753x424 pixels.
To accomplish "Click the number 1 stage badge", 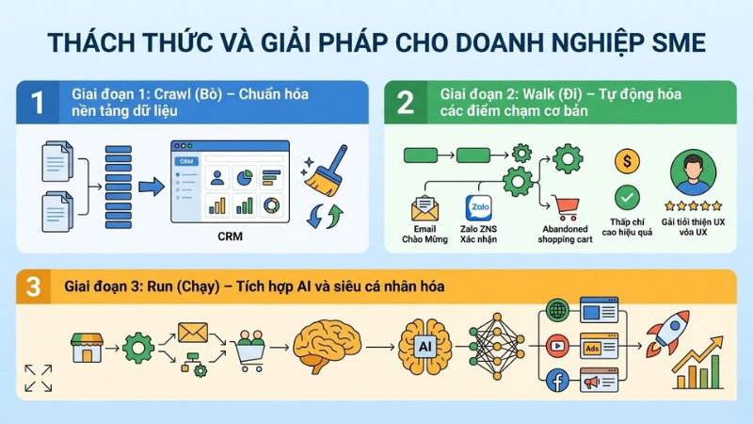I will click(x=38, y=103).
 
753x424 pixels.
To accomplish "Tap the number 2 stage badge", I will click(x=405, y=103).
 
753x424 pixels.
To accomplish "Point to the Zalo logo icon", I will click(x=475, y=207).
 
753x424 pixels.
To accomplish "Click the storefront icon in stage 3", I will click(x=87, y=347).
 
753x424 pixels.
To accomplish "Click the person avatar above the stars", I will click(x=693, y=174).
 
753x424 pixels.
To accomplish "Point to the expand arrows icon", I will click(x=39, y=377).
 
